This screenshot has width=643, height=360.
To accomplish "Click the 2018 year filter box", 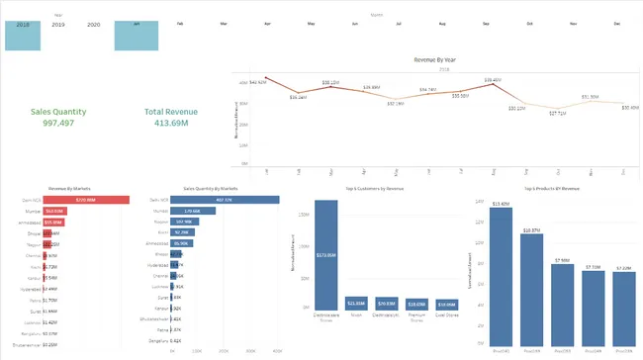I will click(x=23, y=33).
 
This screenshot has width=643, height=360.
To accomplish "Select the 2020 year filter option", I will click(x=94, y=23).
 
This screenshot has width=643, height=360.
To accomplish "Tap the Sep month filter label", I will click(x=486, y=22).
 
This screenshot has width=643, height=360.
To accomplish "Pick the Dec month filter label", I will click(x=615, y=22).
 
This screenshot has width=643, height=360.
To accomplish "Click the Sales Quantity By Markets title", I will click(x=211, y=187).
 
